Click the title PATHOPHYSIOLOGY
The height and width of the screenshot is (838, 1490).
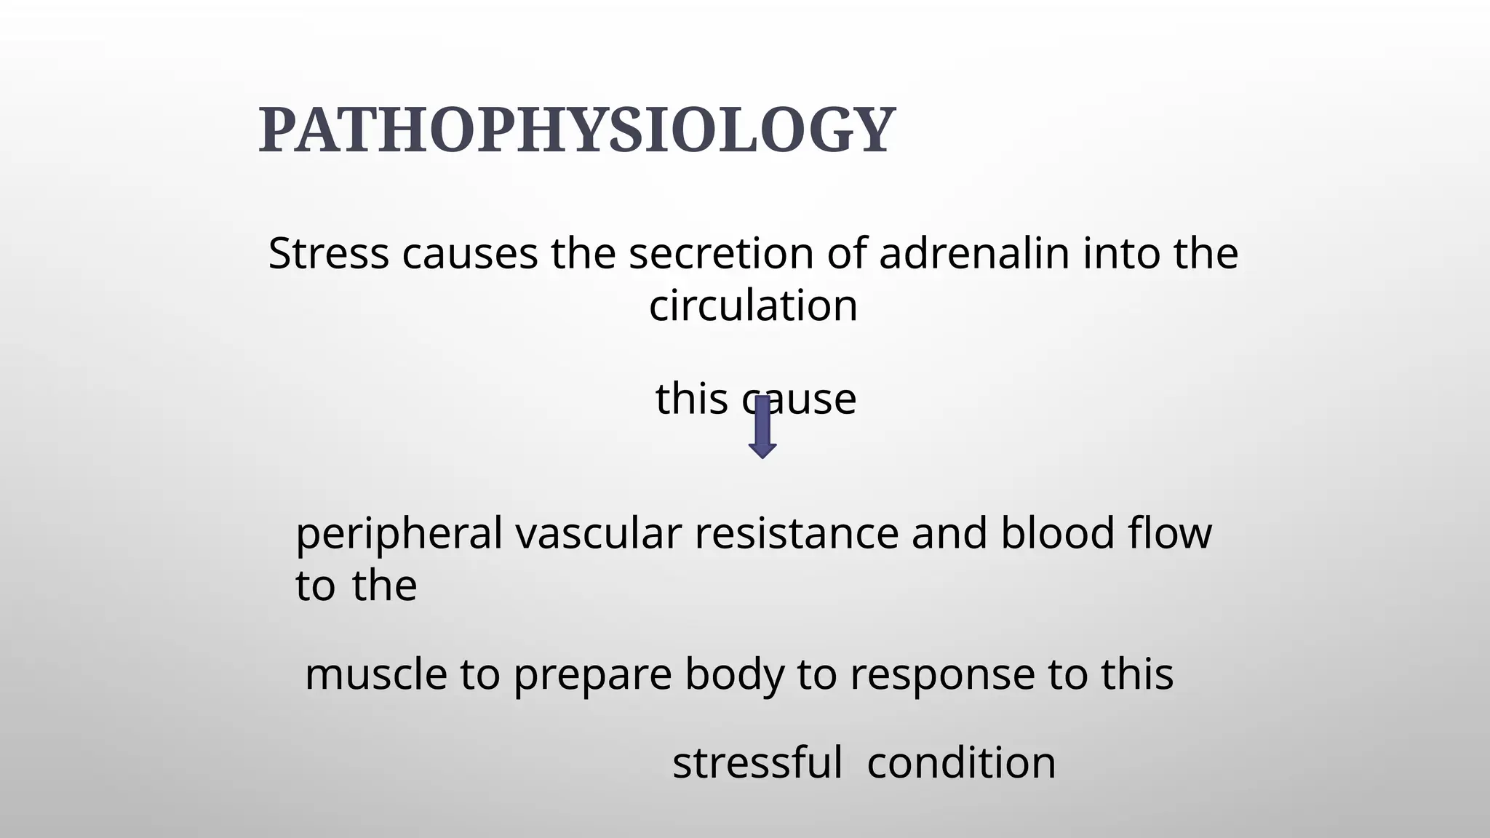(577, 130)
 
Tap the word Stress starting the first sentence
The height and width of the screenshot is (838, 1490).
(328, 254)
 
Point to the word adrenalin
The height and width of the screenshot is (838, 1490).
(974, 254)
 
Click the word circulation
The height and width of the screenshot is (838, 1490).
(753, 306)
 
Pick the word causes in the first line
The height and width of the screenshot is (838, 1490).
(469, 254)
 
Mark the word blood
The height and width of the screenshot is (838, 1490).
(1057, 533)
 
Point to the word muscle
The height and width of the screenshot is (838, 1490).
(376, 674)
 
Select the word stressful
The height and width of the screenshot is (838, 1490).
(757, 763)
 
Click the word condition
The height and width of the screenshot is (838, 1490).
(961, 763)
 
